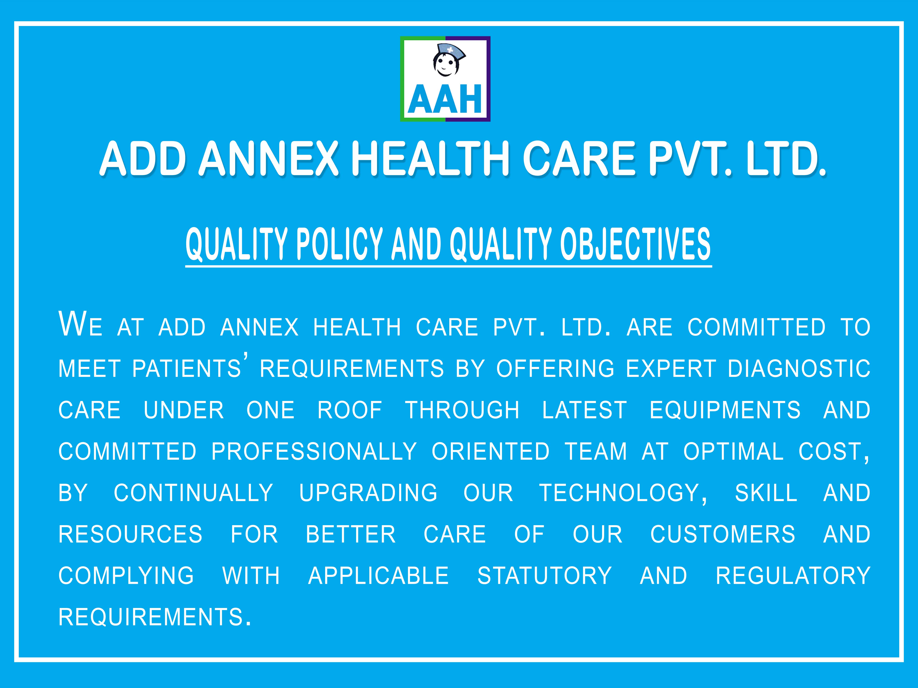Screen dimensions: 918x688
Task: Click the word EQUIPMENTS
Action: click(725, 410)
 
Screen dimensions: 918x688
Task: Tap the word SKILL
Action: click(766, 493)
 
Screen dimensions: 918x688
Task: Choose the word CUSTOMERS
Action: click(723, 534)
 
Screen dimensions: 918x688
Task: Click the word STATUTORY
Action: click(544, 576)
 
